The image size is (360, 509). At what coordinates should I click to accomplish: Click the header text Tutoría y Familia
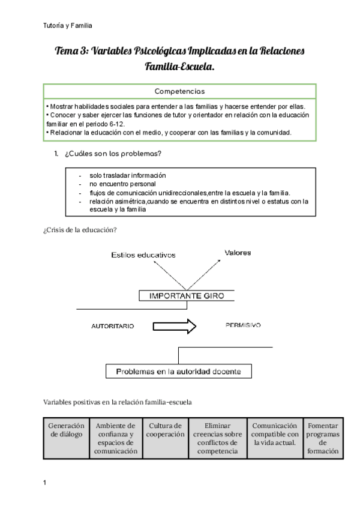(68, 26)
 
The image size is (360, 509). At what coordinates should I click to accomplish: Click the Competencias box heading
(179, 92)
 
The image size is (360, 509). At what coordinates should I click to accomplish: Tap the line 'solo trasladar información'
(128, 175)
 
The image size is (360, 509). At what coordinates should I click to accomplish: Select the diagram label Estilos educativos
(143, 255)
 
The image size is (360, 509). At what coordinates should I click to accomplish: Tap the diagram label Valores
(238, 253)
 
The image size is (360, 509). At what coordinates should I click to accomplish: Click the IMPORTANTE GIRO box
(186, 295)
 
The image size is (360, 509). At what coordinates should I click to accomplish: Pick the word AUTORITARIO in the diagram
(112, 327)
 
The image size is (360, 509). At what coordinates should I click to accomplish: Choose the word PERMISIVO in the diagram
(243, 325)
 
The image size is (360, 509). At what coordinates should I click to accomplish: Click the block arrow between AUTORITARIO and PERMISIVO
(175, 327)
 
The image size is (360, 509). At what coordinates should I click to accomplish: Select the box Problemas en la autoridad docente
(178, 372)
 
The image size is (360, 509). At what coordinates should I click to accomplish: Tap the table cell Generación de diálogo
(66, 430)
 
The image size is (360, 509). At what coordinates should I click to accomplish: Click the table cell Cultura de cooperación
(165, 430)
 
